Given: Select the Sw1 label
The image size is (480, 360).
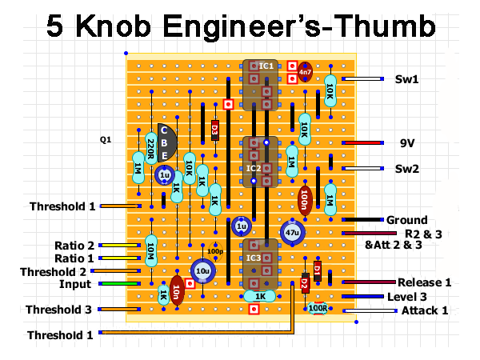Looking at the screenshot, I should point(407,79).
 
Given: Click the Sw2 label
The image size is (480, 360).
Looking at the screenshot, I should point(407,169).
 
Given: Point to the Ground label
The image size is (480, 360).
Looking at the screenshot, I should point(406,220).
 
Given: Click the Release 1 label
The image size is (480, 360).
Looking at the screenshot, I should point(425,282).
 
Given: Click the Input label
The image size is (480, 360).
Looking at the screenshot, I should point(75,284).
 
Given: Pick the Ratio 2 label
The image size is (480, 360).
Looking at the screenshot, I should point(74,245).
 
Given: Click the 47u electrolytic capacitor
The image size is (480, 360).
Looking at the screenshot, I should point(291,232).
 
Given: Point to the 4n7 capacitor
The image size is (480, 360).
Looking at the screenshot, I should point(304,72).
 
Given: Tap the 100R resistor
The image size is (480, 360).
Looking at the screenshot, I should point(318,307).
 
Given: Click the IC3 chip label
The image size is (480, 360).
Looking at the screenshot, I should point(254,258).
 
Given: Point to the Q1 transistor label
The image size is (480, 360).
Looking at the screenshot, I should point(106,139).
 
